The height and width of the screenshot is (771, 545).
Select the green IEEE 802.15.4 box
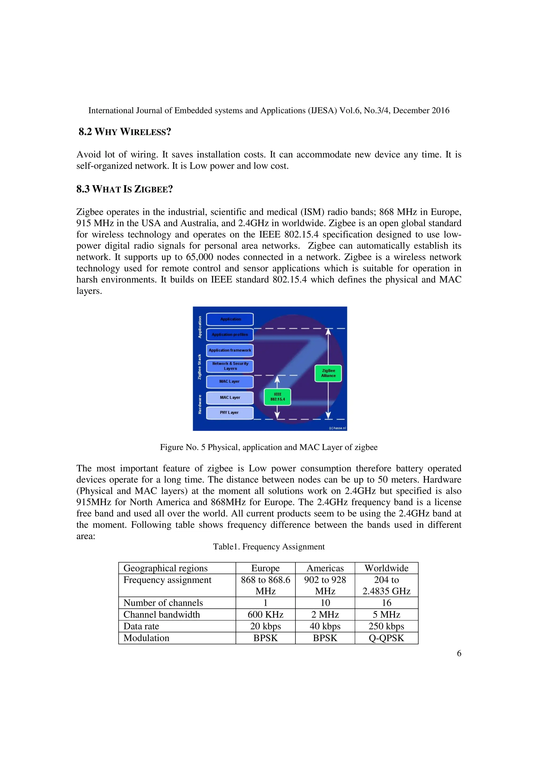click(x=277, y=397)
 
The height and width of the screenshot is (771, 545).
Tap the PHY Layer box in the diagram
click(x=230, y=413)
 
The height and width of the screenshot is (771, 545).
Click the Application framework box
click(x=230, y=350)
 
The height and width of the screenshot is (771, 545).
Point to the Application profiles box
click(x=230, y=334)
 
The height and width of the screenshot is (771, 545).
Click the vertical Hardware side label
click(x=200, y=404)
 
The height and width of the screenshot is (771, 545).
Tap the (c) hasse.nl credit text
click(x=337, y=428)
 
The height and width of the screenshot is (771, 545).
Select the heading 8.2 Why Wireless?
click(x=125, y=132)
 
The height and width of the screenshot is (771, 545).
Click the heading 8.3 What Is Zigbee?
click(x=124, y=189)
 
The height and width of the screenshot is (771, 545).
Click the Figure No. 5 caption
click(x=269, y=447)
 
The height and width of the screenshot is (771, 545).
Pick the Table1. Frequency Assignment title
click(x=269, y=547)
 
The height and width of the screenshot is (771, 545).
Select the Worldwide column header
click(x=386, y=568)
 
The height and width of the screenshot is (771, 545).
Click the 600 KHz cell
click(x=265, y=615)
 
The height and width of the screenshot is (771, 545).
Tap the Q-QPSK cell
click(x=386, y=638)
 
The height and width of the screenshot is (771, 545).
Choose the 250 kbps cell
click(x=386, y=626)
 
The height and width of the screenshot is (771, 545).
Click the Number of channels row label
click(x=163, y=603)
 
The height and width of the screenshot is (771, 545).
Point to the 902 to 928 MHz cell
click(x=325, y=585)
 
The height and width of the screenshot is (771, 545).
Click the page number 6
click(x=459, y=653)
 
